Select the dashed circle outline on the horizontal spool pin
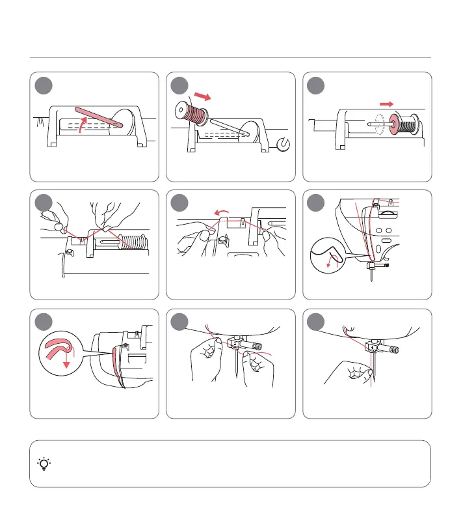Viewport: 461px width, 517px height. click(x=376, y=126)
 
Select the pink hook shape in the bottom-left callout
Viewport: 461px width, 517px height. click(x=58, y=347)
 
